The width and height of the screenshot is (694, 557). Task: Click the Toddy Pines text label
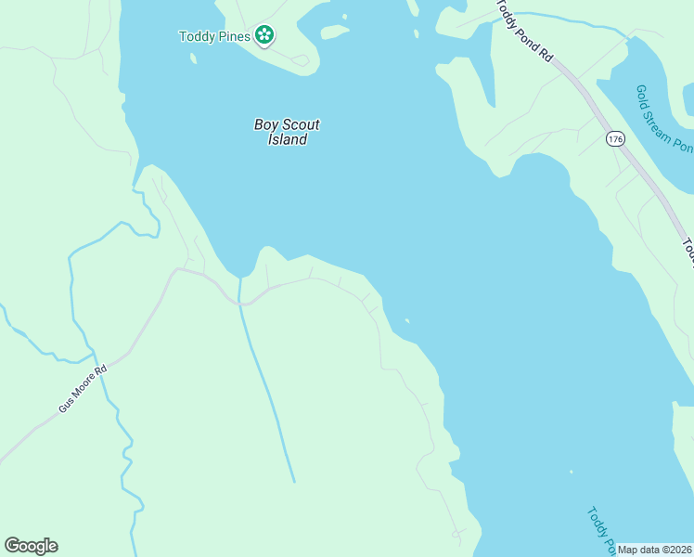pos(214,37)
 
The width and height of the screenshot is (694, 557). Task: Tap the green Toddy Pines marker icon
pos(264,36)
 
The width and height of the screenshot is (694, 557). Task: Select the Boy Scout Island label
pos(288,132)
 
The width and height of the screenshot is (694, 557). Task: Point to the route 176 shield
pos(614,139)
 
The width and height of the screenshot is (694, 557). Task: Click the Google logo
pos(31,546)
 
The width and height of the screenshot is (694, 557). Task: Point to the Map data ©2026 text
pos(654,550)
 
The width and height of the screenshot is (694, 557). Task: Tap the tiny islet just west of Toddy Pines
pos(193,58)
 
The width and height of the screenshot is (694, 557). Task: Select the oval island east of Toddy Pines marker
pos(334,32)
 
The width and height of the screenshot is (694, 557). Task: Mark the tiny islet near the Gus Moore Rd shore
pos(406,322)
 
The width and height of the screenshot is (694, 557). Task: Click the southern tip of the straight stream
pos(294,481)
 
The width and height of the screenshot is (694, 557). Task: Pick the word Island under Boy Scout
pos(288,140)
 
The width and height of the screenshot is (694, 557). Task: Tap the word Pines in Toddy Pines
pos(233,37)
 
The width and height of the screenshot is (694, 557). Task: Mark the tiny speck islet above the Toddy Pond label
pos(571,471)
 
